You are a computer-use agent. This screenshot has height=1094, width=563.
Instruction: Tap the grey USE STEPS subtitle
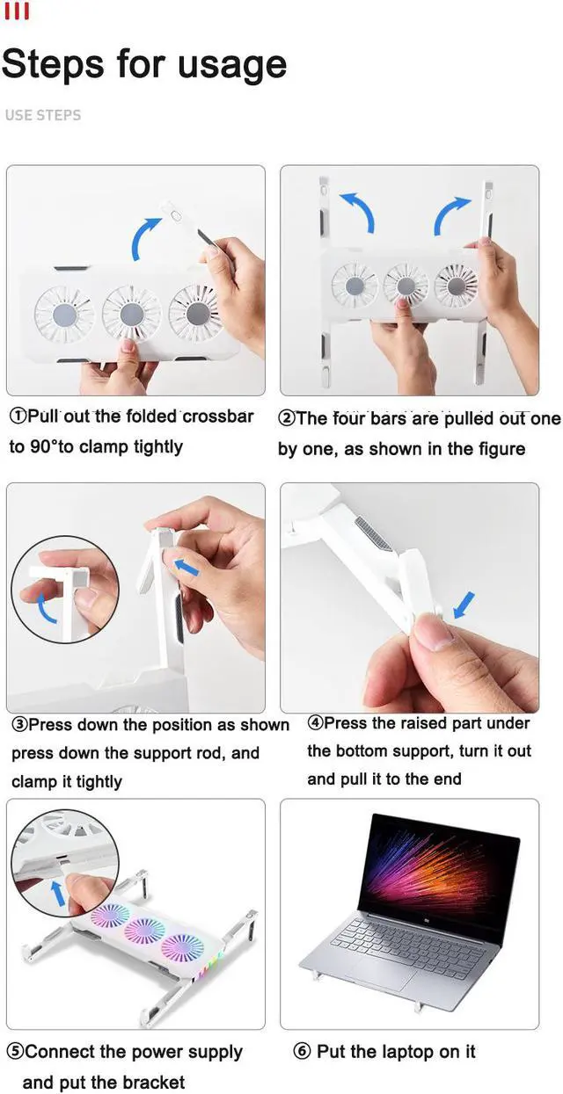coord(43,115)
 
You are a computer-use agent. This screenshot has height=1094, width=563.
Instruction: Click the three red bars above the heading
coord(17,11)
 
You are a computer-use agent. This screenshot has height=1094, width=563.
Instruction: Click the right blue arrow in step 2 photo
coord(450,215)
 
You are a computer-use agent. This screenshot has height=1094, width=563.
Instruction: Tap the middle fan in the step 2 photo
coord(405,285)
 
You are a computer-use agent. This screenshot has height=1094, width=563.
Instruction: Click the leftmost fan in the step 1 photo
coord(64,314)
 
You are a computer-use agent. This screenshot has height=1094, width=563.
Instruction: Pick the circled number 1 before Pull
coord(17,417)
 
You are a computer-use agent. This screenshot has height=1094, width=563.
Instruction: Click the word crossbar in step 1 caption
coord(217,417)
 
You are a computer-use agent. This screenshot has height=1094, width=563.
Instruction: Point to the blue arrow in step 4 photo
coord(464,605)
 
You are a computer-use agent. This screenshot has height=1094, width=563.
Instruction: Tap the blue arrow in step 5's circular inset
coord(58,893)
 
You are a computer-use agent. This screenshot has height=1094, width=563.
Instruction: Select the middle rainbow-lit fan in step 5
coord(145,931)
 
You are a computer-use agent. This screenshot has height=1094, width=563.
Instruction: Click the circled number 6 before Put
coord(302,1051)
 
